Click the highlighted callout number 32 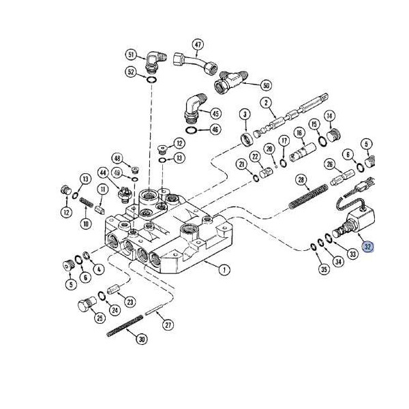(368, 247)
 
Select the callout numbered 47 (198, 45)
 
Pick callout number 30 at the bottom (141, 339)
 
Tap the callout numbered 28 (300, 180)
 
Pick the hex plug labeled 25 (87, 307)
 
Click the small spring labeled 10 (85, 202)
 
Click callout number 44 (103, 172)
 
